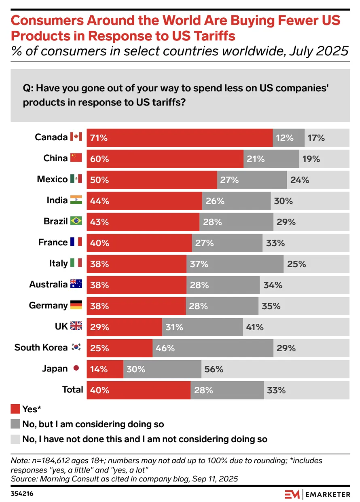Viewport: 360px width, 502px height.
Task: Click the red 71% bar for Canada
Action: click(x=180, y=138)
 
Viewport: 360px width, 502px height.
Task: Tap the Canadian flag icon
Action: click(x=76, y=137)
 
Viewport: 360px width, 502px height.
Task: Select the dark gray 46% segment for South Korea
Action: click(x=213, y=348)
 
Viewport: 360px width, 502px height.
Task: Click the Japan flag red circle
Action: click(x=76, y=369)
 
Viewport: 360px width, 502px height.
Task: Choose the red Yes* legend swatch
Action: click(x=15, y=409)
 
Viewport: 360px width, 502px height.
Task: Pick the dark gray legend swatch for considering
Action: click(x=15, y=424)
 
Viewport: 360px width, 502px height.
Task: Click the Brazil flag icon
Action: click(x=76, y=221)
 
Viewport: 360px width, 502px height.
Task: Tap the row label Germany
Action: click(x=48, y=306)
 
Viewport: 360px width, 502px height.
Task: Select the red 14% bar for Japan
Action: click(x=105, y=369)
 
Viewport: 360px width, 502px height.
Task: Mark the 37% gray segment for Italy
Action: click(x=235, y=264)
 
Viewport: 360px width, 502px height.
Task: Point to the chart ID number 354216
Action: click(x=22, y=494)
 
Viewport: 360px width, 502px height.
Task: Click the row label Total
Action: click(x=73, y=390)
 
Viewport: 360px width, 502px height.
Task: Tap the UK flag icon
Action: click(x=76, y=326)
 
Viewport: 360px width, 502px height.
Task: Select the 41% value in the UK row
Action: click(x=255, y=327)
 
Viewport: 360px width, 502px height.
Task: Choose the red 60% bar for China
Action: click(x=165, y=159)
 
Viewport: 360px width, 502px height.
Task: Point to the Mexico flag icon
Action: click(x=76, y=179)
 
